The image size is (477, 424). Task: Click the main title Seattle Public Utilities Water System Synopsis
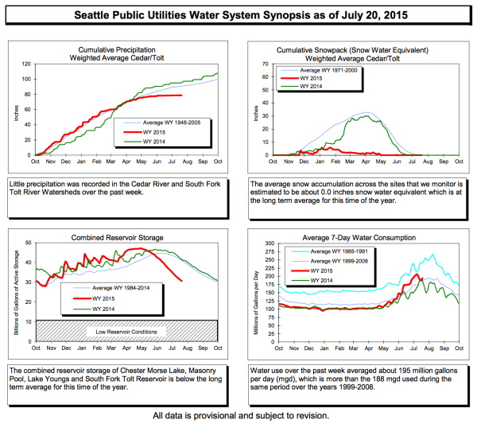pos(238,14)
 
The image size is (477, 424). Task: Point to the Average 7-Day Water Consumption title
pos(363,236)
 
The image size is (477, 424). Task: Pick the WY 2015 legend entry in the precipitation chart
pos(151,132)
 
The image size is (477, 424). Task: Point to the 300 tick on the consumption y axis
pos(266,243)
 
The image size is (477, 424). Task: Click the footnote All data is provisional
pos(238,414)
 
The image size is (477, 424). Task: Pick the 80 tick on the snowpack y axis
pos(267,64)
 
